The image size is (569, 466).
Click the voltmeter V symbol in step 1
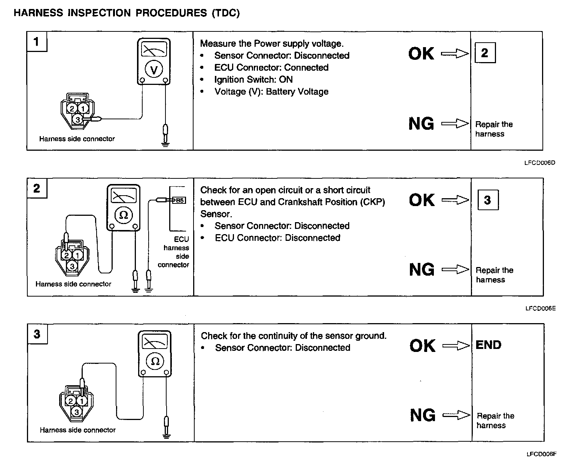pyautogui.click(x=154, y=70)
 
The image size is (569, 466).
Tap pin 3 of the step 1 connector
pyautogui.click(x=77, y=120)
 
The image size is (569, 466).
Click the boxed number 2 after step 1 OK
pyautogui.click(x=485, y=53)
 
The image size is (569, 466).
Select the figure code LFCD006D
pyautogui.click(x=539, y=163)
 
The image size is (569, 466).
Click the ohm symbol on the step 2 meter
pyautogui.click(x=124, y=215)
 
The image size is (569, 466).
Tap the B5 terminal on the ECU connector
pyautogui.click(x=179, y=200)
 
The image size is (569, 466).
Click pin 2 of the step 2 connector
pyautogui.click(x=67, y=255)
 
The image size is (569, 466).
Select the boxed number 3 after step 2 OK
pyautogui.click(x=487, y=200)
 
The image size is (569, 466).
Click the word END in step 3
pyautogui.click(x=488, y=345)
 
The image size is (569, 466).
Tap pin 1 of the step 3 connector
pyautogui.click(x=82, y=401)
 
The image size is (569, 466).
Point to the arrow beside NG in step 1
pyautogui.click(x=455, y=123)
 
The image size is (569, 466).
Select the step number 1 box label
pyautogui.click(x=36, y=41)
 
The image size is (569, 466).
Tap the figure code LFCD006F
pyautogui.click(x=541, y=454)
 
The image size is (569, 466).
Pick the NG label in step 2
pyautogui.click(x=422, y=270)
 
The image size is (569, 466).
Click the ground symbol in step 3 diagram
pyautogui.click(x=167, y=435)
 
